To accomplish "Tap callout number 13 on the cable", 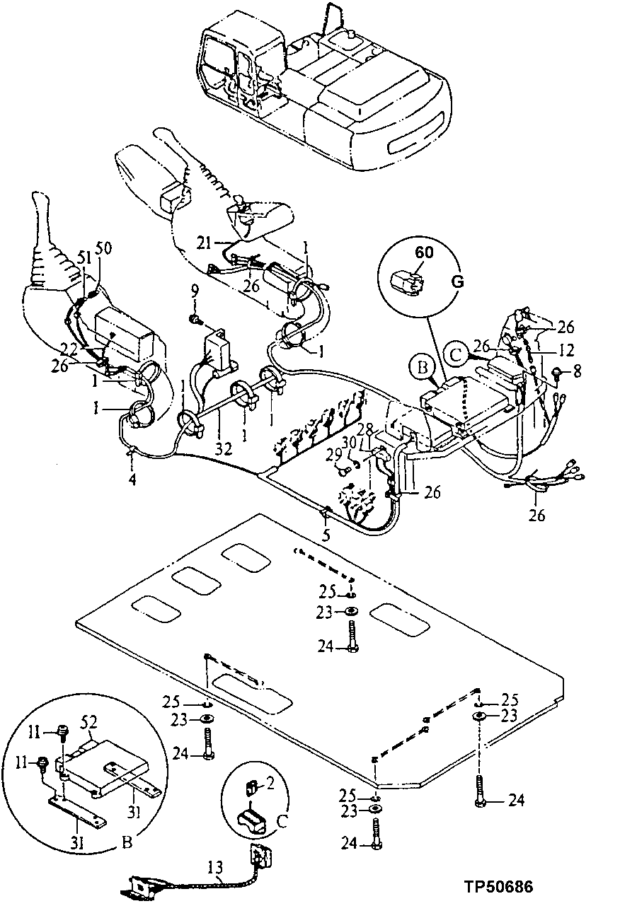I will click(x=215, y=865).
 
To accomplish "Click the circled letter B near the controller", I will click(x=420, y=367).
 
